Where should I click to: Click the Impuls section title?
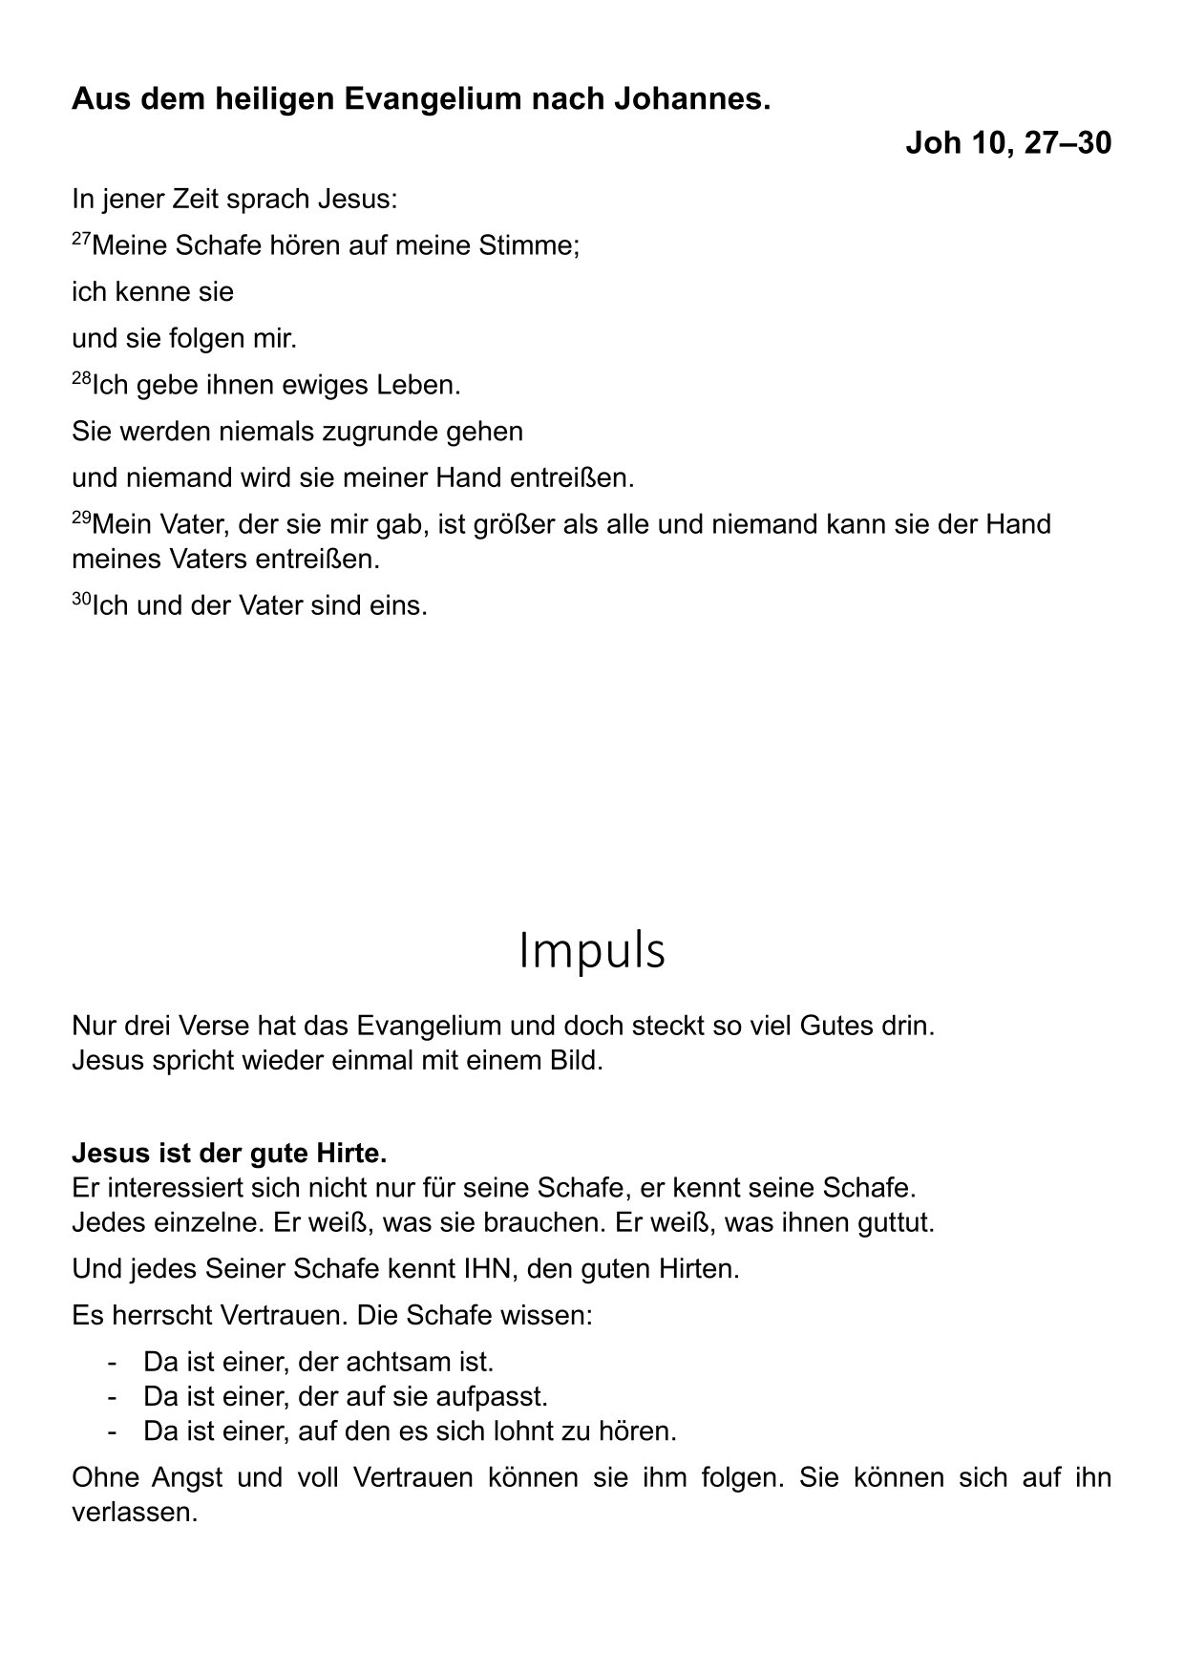pyautogui.click(x=591, y=951)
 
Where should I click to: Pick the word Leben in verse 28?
pyautogui.click(x=420, y=386)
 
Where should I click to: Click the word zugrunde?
pyautogui.click(x=380, y=432)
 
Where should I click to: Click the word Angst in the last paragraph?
pyautogui.click(x=187, y=1478)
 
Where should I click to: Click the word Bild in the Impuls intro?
pyautogui.click(x=577, y=1061)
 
